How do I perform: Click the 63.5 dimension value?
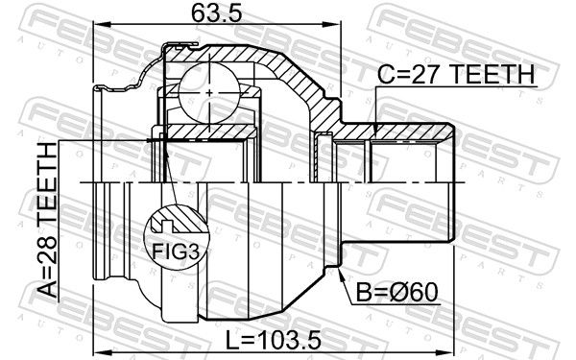[217, 13]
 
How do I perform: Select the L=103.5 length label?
[273, 340]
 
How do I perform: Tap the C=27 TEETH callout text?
[456, 74]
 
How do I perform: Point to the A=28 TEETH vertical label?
[47, 220]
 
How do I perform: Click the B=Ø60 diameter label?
[397, 292]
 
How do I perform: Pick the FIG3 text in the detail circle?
[176, 252]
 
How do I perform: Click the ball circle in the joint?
[209, 92]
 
